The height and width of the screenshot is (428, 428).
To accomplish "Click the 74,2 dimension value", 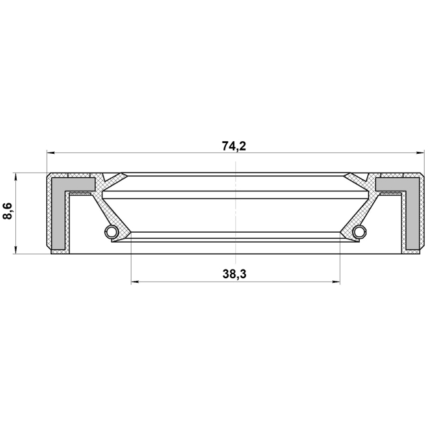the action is tap(234, 146).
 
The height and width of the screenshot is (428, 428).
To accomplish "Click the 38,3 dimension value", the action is tap(235, 274).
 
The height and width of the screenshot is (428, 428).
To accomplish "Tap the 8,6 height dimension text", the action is tap(7, 211).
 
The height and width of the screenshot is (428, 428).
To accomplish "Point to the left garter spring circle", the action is tap(112, 232).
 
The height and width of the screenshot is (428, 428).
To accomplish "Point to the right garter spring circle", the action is tap(360, 232).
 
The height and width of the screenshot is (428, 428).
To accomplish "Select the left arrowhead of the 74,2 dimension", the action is tap(51, 153).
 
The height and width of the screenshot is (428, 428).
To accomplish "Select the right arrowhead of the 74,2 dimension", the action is tap(420, 153).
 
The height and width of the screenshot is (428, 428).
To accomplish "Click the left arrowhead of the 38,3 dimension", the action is tap(135, 282).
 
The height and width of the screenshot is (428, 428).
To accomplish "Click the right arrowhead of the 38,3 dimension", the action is tap(336, 282).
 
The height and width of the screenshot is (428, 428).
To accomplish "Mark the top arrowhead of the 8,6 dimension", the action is tap(16, 177).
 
